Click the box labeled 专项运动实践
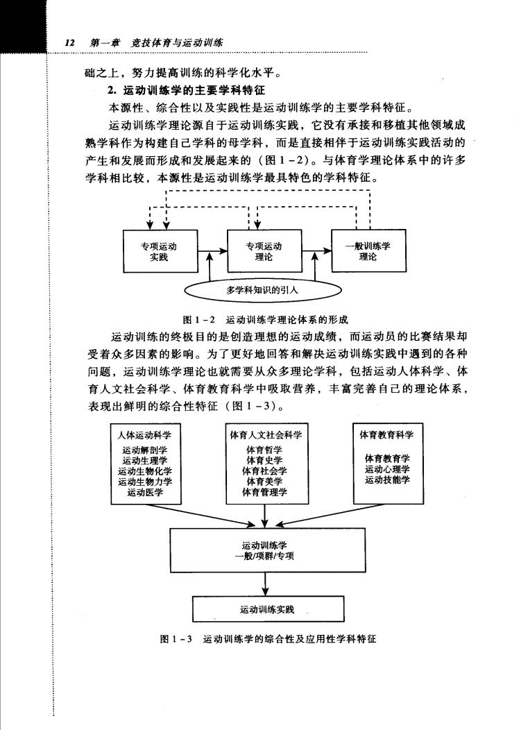(160, 251)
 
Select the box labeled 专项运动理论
(264, 251)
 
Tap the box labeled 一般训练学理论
(368, 251)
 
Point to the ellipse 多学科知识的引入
(262, 290)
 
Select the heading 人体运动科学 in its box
(144, 435)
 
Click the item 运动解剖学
(145, 450)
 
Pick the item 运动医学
(145, 492)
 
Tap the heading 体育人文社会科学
(266, 435)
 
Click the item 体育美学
(264, 482)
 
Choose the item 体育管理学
(264, 492)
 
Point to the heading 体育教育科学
(386, 435)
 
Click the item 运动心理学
(387, 469)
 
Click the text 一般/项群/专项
(264, 556)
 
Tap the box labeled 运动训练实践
(269, 609)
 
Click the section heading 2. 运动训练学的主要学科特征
(186, 90)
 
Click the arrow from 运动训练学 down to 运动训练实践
(266, 584)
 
